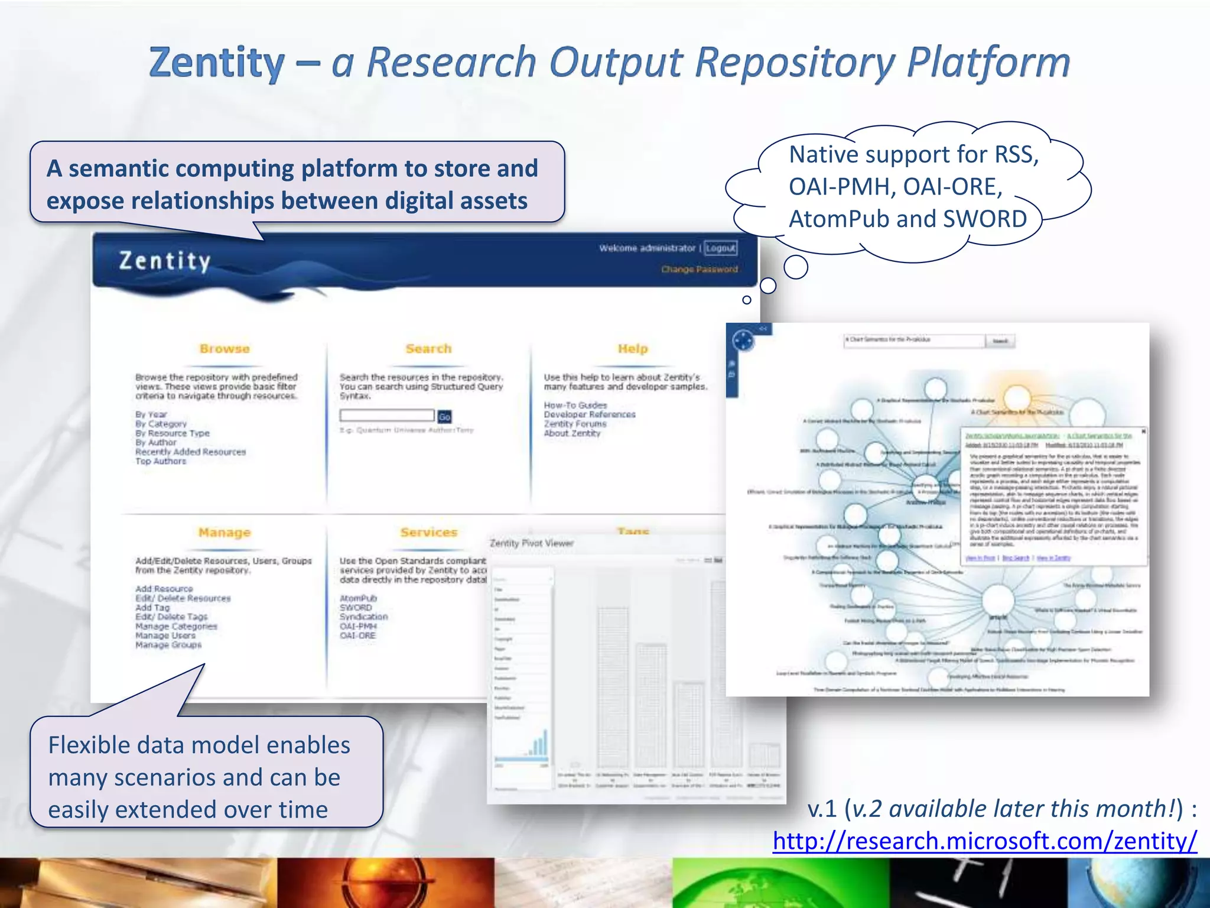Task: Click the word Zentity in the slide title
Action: (x=216, y=63)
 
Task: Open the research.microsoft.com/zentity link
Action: (x=984, y=841)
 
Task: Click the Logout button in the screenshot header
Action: (x=721, y=248)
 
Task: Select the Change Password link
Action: (x=700, y=270)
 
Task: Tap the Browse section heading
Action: (x=225, y=349)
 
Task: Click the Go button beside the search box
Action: (x=444, y=417)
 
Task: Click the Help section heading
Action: (x=633, y=349)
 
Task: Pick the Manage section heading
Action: (x=225, y=533)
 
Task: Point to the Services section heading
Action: (x=429, y=533)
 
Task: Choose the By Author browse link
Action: (x=156, y=442)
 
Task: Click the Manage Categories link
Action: (x=176, y=626)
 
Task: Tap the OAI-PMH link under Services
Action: (x=358, y=626)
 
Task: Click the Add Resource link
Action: (x=164, y=589)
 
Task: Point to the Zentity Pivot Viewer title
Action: (x=532, y=543)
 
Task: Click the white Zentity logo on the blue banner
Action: (x=165, y=261)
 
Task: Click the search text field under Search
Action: (x=387, y=416)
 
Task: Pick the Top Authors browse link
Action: (x=161, y=461)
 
